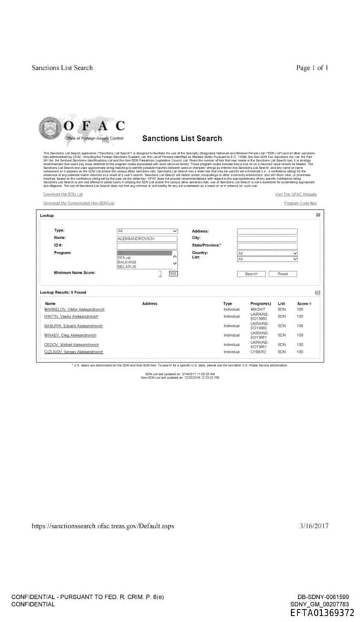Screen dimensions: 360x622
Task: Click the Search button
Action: coord(251,274)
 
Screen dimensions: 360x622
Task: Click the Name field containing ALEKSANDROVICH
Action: coord(144,239)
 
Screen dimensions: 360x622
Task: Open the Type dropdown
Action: coord(144,231)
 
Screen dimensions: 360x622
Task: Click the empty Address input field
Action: coord(266,231)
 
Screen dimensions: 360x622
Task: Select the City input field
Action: coord(266,238)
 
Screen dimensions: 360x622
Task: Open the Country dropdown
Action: coord(266,253)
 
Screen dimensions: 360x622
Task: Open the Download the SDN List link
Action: coord(63,194)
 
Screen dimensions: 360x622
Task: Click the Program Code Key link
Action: coord(300,203)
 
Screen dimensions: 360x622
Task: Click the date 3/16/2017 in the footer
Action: coord(314,526)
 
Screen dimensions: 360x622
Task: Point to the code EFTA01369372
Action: coord(323,613)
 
